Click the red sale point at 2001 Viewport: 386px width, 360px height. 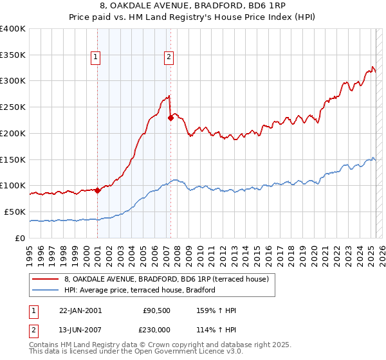(97, 190)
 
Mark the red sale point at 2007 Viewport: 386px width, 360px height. (170, 118)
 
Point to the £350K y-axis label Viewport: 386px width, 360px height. (13, 55)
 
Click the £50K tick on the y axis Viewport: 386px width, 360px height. (15, 212)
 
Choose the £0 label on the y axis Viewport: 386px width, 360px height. (21, 238)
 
